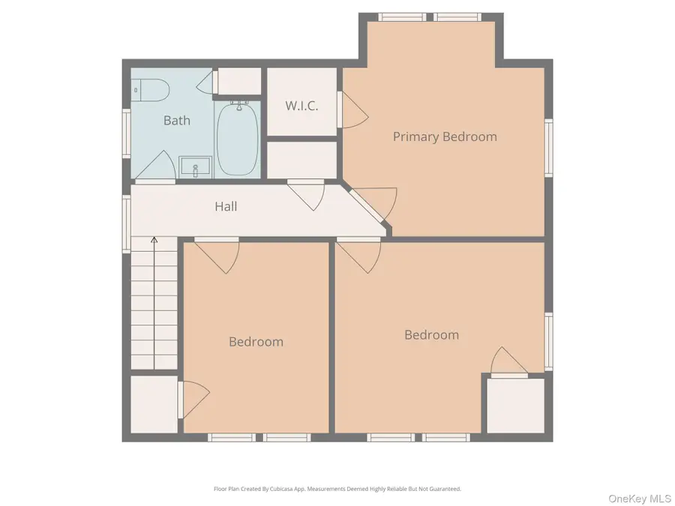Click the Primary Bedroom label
point(445,136)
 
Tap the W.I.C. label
point(301,106)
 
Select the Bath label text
point(177,120)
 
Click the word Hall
point(226,206)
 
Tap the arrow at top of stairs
point(154,240)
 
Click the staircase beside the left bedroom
point(154,307)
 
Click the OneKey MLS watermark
point(639,498)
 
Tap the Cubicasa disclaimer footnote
point(337,489)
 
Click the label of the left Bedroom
point(256,342)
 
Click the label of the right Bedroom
point(431,335)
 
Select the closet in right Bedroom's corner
point(515,406)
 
